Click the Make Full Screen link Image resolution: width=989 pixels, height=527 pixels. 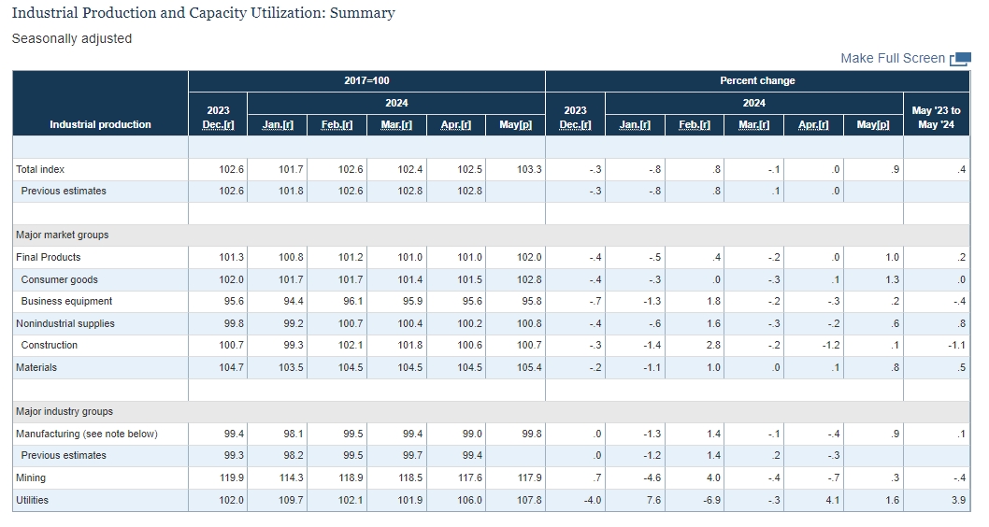click(893, 59)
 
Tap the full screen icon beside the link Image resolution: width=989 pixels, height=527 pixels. click(960, 59)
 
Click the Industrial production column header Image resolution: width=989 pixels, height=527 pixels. click(100, 125)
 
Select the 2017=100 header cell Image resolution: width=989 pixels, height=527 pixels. click(366, 80)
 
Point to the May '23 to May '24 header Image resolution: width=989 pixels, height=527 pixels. click(936, 118)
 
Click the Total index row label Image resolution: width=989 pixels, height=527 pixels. click(40, 169)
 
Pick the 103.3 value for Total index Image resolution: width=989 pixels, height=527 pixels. click(529, 169)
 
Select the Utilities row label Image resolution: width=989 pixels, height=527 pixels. click(32, 500)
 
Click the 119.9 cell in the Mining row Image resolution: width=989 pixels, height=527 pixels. click(232, 477)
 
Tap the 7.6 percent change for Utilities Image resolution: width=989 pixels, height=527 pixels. click(653, 500)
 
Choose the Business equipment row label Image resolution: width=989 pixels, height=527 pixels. click(67, 301)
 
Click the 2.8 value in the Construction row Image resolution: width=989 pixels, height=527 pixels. click(713, 346)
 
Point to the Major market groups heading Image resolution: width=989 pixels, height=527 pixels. click(63, 235)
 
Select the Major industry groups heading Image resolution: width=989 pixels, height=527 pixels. click(64, 412)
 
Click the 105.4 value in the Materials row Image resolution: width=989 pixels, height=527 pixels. click(529, 367)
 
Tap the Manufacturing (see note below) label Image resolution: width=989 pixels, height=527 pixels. click(87, 434)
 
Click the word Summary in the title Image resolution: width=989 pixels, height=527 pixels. click(363, 13)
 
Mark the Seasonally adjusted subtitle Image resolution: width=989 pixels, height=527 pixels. click(72, 38)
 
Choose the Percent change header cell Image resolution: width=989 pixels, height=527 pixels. click(757, 80)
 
